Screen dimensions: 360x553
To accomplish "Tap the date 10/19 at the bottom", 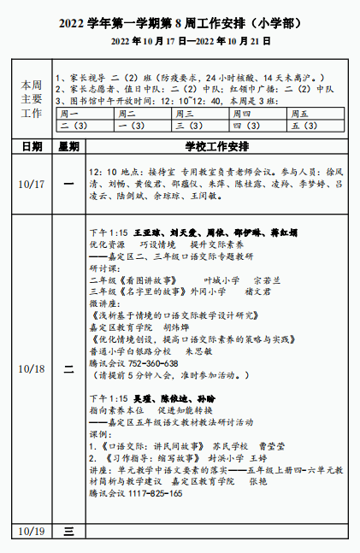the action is tap(32, 531).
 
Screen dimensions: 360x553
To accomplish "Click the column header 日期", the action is tap(32, 146).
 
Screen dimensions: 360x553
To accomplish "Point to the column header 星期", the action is tap(68, 146).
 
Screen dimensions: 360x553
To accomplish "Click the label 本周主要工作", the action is tap(32, 99).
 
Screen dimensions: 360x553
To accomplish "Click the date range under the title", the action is tap(179, 40).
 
